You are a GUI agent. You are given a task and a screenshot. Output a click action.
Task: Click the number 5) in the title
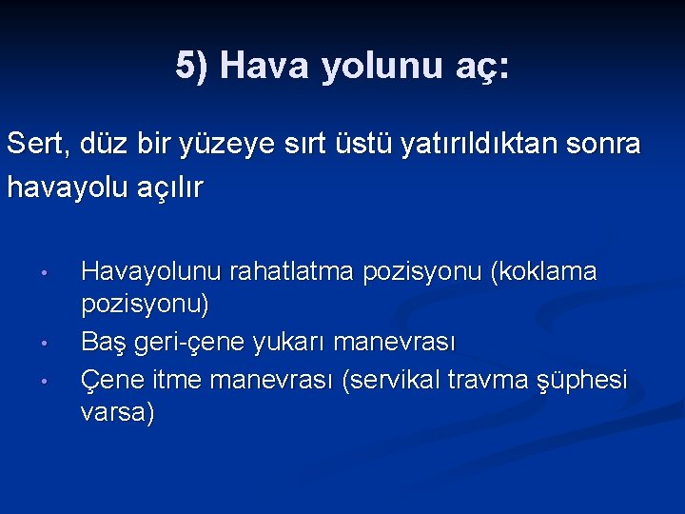tap(192, 66)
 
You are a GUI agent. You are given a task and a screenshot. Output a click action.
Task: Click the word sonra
tap(604, 145)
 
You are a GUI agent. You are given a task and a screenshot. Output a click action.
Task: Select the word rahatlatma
tap(277, 272)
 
